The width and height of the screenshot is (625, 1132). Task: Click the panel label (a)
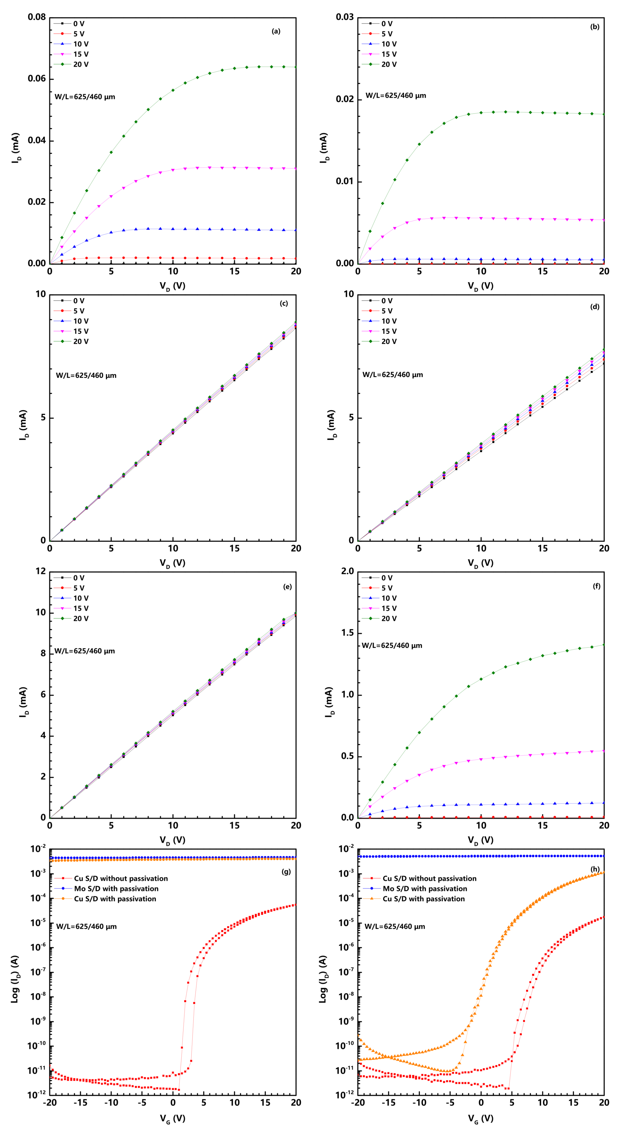(x=276, y=31)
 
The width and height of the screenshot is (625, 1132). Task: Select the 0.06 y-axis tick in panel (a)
(x=37, y=79)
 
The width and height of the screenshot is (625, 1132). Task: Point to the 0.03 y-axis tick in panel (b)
(x=345, y=18)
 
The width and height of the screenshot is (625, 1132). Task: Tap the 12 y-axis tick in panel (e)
(x=41, y=571)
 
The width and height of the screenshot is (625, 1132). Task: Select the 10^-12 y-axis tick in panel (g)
(x=37, y=1095)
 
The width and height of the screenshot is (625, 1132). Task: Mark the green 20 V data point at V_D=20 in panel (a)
(x=296, y=67)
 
